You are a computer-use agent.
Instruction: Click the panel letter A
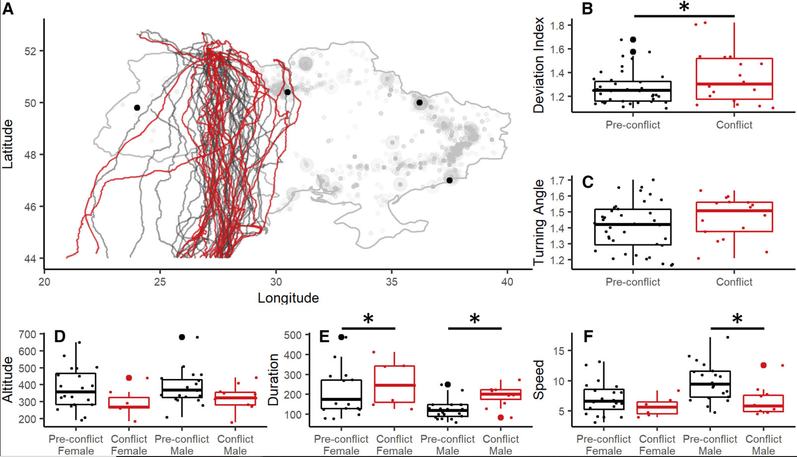point(8,8)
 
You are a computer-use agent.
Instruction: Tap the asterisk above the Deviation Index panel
point(684,7)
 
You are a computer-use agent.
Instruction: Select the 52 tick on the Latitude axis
point(30,51)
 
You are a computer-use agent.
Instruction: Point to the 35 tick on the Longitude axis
point(392,282)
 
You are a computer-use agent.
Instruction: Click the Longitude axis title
point(288,298)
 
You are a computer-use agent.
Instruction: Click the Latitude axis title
point(7,144)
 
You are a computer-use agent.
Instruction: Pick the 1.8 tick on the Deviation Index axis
point(557,26)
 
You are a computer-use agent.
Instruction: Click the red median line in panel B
point(734,84)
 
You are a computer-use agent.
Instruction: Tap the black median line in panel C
point(633,225)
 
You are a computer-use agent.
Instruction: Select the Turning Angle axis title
point(540,223)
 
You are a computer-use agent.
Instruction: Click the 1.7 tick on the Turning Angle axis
point(557,180)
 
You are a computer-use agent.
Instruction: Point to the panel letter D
point(60,336)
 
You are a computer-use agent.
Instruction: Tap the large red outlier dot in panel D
point(129,378)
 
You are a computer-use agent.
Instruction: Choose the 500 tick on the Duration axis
point(294,335)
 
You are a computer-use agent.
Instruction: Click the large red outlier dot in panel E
point(501,418)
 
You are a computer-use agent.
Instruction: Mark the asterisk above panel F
point(737,318)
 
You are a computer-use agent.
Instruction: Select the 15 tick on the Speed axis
point(560,351)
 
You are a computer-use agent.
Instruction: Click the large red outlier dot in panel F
point(764,365)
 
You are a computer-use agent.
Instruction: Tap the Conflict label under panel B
point(734,125)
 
